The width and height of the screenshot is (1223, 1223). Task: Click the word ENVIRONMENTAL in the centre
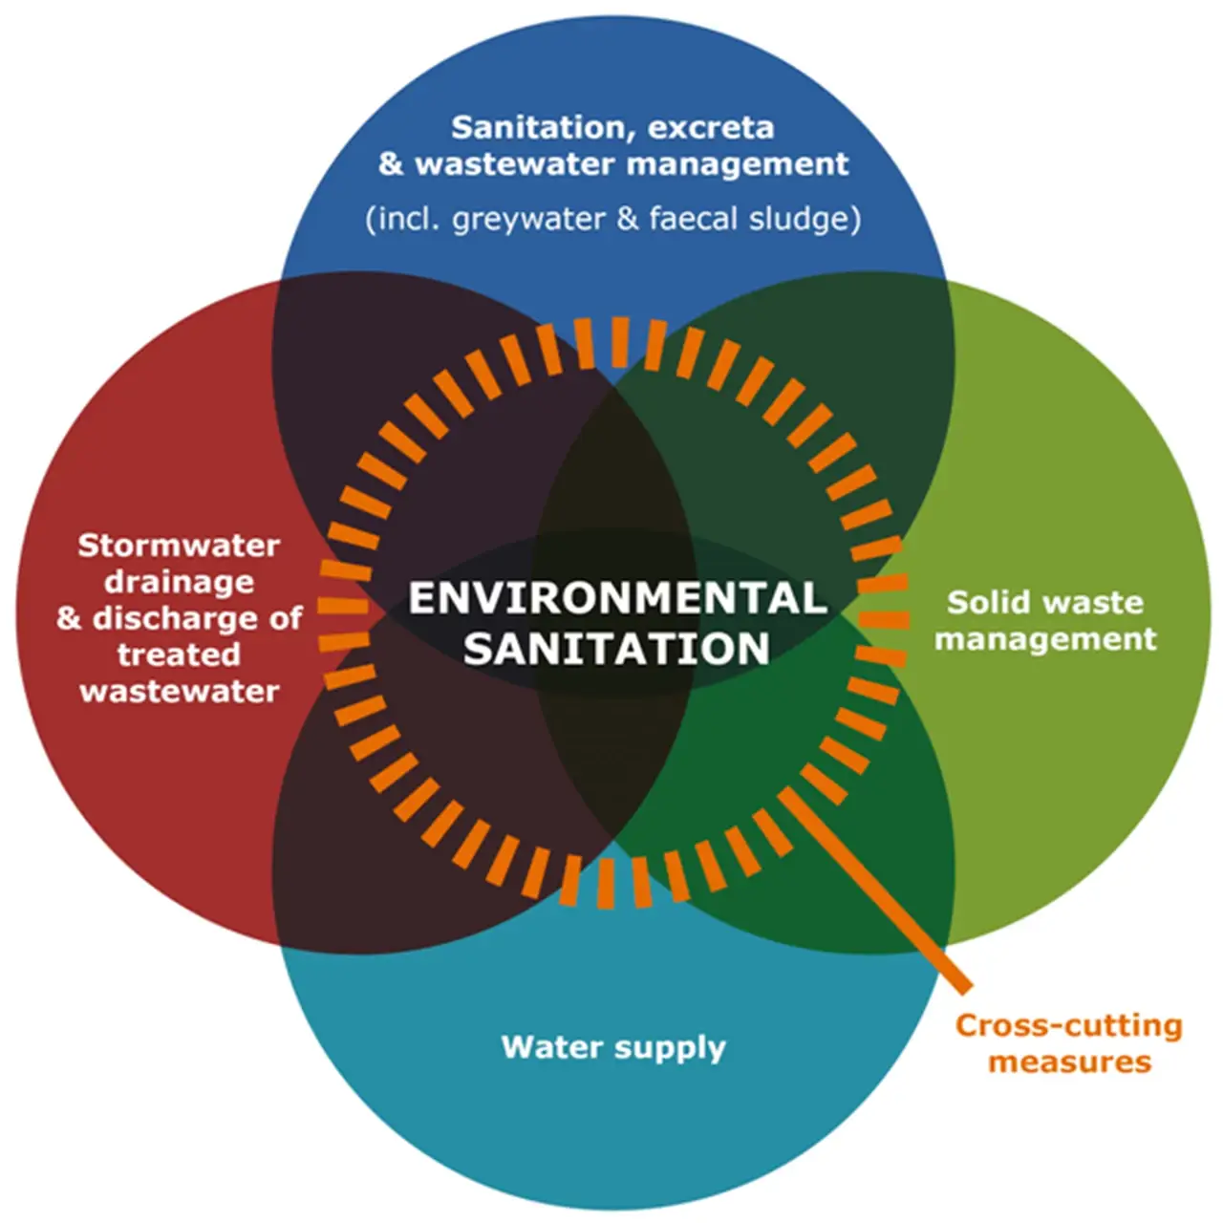[617, 598]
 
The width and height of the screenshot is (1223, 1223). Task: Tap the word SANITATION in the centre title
[617, 649]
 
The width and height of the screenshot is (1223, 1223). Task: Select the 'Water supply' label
[613, 1047]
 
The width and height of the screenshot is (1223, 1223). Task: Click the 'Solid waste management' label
[1045, 620]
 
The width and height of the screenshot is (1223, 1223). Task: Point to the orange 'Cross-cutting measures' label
[1069, 1043]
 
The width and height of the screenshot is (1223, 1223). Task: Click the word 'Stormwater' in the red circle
[179, 546]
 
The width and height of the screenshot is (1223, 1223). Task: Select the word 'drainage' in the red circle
[179, 582]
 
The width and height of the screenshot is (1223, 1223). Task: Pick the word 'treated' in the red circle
[179, 654]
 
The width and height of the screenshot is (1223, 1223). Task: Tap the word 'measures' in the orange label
[1069, 1062]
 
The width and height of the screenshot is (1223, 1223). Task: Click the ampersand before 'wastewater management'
[391, 163]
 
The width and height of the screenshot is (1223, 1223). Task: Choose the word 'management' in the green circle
[1045, 638]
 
